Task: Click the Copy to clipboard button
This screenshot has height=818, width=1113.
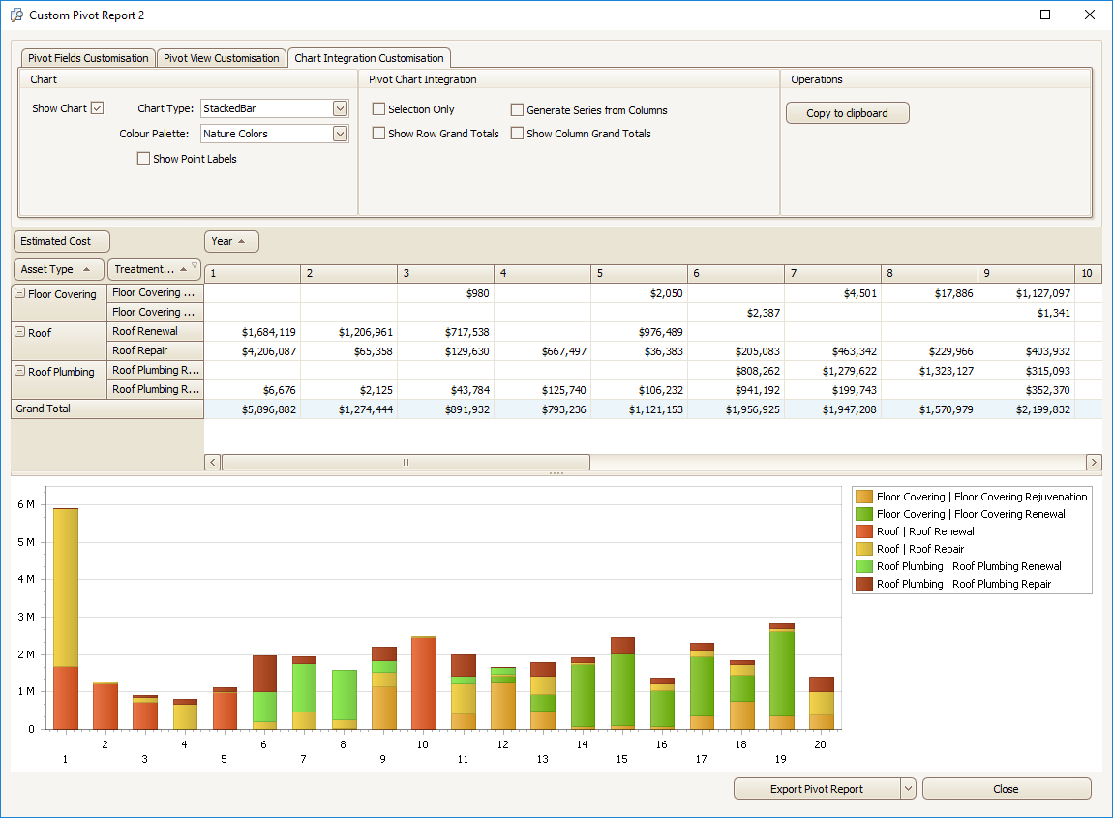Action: pyautogui.click(x=847, y=113)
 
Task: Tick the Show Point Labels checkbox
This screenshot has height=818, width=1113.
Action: pyautogui.click(x=144, y=159)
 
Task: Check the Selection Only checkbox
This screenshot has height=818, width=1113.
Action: pyautogui.click(x=379, y=109)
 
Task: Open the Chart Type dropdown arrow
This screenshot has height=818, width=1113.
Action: pyautogui.click(x=340, y=108)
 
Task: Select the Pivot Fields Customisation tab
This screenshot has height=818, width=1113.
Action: pyautogui.click(x=88, y=58)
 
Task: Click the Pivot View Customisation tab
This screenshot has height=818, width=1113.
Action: pyautogui.click(x=222, y=58)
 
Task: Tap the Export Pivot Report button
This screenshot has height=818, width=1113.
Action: pyautogui.click(x=816, y=789)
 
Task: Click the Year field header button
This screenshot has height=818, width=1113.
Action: pyautogui.click(x=231, y=241)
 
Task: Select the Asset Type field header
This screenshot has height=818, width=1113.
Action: pyautogui.click(x=58, y=269)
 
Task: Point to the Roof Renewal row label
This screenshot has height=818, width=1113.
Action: pyautogui.click(x=145, y=332)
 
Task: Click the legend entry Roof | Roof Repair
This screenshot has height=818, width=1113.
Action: pyautogui.click(x=919, y=549)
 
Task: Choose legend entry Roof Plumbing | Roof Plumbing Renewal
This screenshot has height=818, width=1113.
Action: pyautogui.click(x=968, y=566)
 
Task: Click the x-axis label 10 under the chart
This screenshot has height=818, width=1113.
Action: pyautogui.click(x=422, y=744)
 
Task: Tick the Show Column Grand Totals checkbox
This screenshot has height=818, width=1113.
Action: pyautogui.click(x=518, y=134)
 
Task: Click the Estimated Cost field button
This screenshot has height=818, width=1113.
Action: pyautogui.click(x=61, y=241)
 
